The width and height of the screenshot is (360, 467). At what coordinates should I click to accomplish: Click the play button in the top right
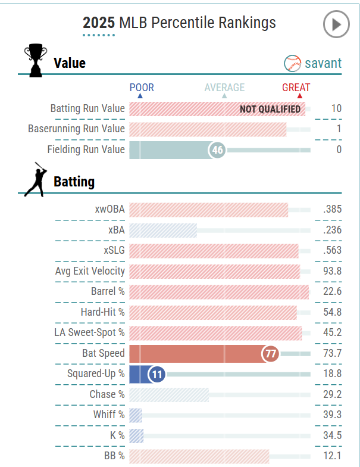[x=336, y=24]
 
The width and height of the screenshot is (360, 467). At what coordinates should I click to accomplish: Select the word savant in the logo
[x=323, y=63]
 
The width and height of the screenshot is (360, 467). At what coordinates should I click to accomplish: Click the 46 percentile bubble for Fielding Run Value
[x=217, y=150]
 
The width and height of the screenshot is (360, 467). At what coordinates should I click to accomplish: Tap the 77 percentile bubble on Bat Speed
[x=271, y=354]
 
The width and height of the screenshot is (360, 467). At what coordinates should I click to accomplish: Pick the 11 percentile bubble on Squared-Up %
[x=156, y=374]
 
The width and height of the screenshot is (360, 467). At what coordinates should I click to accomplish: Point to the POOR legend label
[x=142, y=88]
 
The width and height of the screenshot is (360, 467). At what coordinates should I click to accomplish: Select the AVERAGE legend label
[x=224, y=88]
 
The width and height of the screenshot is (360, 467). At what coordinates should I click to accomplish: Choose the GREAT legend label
[x=296, y=88]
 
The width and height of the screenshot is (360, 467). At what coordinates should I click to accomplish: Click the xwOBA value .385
[x=332, y=210]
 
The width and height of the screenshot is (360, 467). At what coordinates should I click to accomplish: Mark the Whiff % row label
[x=109, y=415]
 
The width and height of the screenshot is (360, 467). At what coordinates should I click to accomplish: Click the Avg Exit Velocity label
[x=90, y=271]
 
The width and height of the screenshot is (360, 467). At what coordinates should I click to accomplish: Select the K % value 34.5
[x=332, y=435]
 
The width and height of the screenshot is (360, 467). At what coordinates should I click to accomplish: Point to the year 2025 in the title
[x=99, y=23]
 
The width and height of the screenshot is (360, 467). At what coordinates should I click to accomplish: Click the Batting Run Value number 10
[x=336, y=108]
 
